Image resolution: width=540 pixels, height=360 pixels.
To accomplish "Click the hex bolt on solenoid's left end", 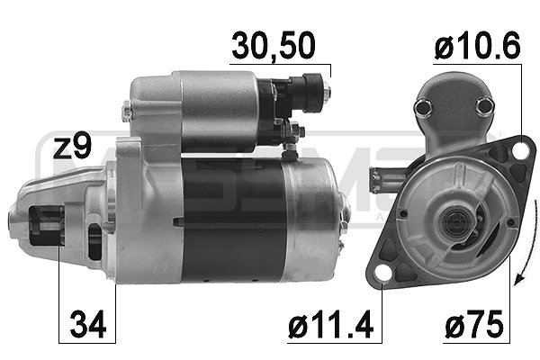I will (127, 110).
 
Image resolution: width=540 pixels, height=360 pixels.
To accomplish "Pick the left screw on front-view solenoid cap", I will (419, 109).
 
